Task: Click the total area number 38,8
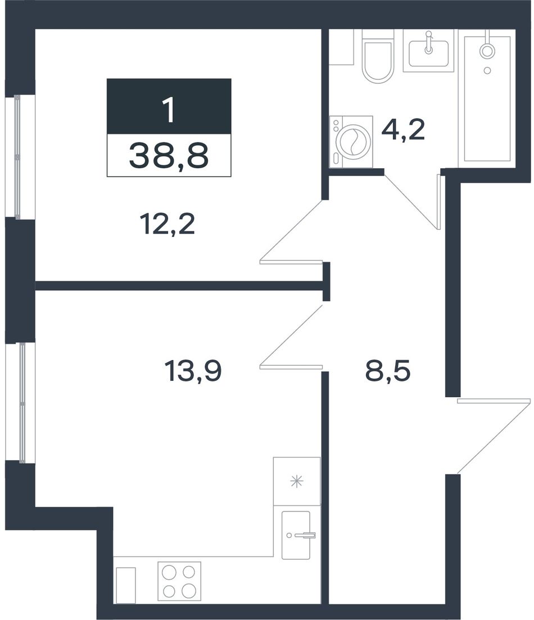(169, 156)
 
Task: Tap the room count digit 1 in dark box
(169, 110)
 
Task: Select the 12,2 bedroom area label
(168, 225)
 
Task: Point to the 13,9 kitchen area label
(193, 372)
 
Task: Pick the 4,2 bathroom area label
(403, 130)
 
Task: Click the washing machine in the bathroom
(351, 141)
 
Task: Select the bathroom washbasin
(428, 50)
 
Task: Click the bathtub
(487, 98)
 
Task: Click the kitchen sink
(296, 535)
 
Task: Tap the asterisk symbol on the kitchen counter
(296, 481)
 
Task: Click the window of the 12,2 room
(18, 156)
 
